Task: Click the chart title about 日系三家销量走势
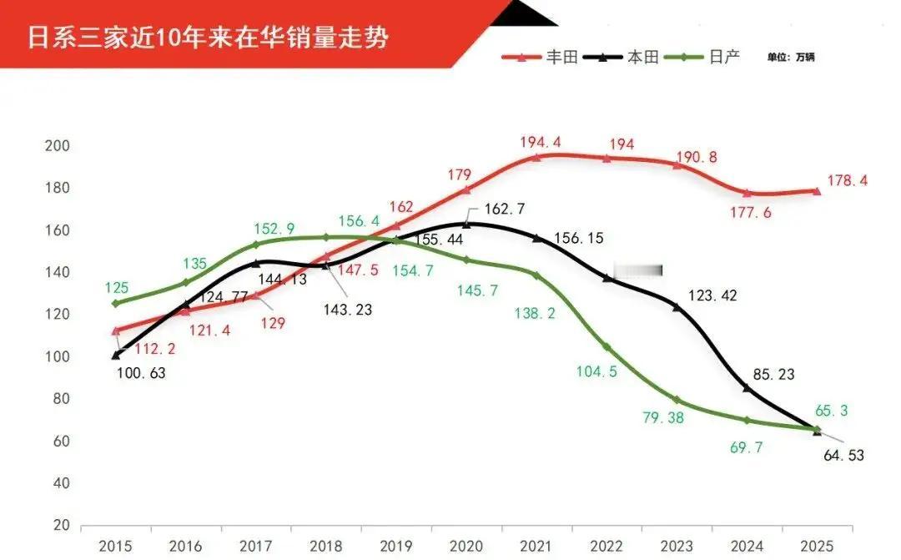pos(209,38)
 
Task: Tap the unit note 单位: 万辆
pos(792,58)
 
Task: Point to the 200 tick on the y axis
pos(57,146)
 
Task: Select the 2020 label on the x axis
pos(466,546)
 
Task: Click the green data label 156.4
pos(360,221)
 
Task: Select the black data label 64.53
pos(843,456)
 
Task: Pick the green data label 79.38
pos(662,418)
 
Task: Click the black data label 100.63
pos(141,373)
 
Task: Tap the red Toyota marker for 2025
pos(817,191)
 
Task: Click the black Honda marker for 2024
pos(747,389)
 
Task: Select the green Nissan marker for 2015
pos(115,303)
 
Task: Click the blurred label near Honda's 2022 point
pos(638,270)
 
